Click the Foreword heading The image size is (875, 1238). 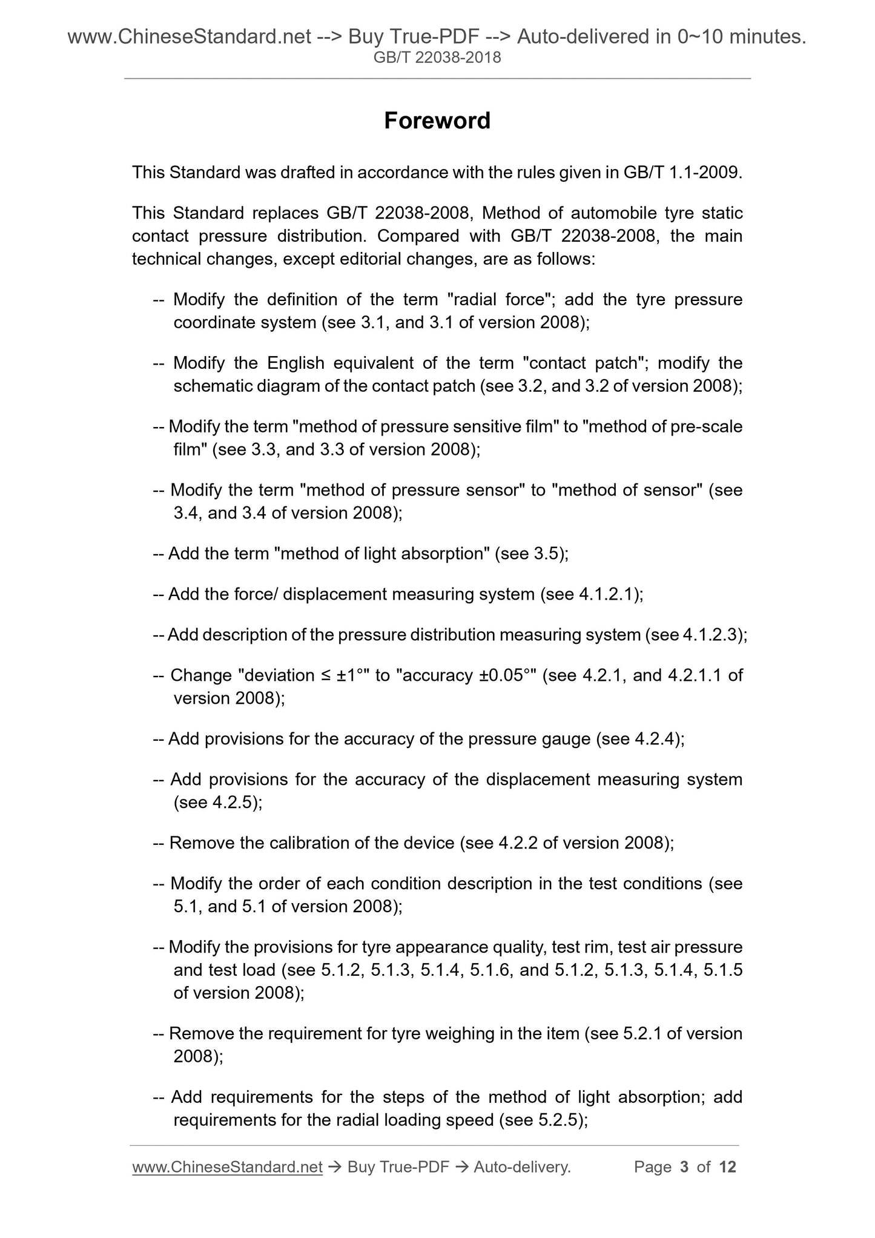[437, 121]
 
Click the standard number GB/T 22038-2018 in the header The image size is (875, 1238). [437, 58]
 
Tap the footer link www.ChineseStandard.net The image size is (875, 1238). [226, 1167]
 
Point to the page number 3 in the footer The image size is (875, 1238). [684, 1167]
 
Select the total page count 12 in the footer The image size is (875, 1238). [727, 1167]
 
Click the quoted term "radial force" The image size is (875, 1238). [498, 299]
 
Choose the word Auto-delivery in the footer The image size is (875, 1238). [521, 1167]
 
